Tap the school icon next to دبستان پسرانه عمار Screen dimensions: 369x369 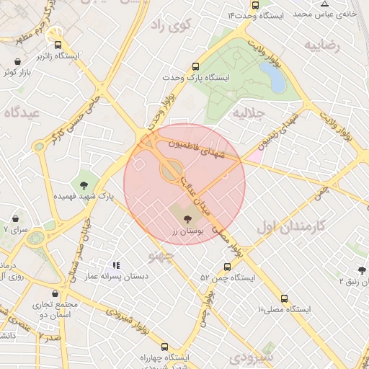pyautogui.click(x=116, y=265)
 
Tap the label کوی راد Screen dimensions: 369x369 pyautogui.click(x=169, y=25)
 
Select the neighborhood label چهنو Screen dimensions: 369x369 pyautogui.click(x=161, y=256)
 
